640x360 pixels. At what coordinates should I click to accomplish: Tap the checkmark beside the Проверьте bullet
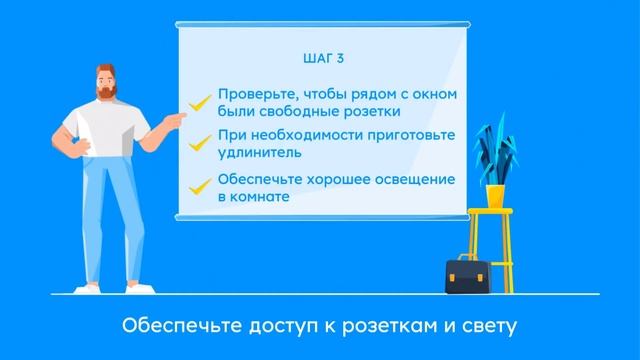(200, 101)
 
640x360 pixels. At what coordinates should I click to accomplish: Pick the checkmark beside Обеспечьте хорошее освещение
(200, 186)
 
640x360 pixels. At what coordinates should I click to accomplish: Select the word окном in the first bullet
(436, 95)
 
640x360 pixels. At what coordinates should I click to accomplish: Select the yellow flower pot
(494, 194)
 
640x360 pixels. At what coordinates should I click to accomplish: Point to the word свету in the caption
(488, 326)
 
